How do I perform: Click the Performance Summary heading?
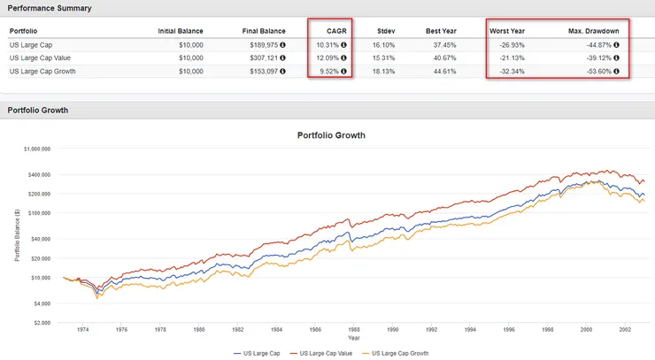click(x=44, y=8)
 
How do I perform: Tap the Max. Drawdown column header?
click(x=593, y=31)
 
